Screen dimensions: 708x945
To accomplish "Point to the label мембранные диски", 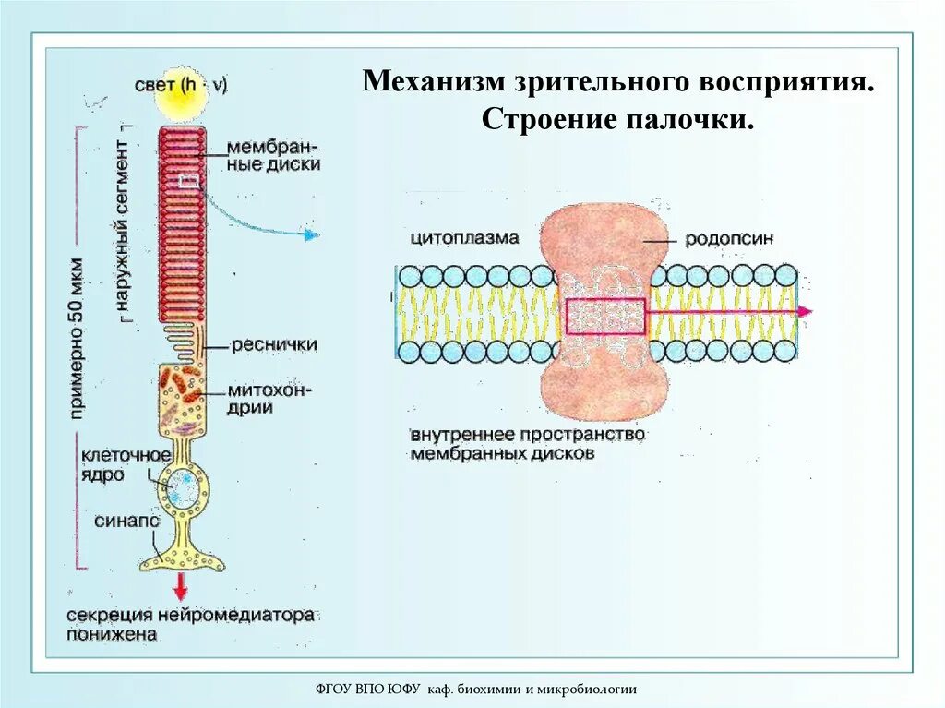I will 274,156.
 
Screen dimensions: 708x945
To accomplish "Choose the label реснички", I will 274,344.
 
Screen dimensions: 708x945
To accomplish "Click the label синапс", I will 127,522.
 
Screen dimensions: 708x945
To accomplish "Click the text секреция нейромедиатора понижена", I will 190,625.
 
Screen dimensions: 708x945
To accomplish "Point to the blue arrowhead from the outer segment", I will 312,234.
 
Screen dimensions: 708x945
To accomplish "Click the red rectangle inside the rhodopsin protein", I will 605,317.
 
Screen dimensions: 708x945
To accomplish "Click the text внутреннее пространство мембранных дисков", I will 528,444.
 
